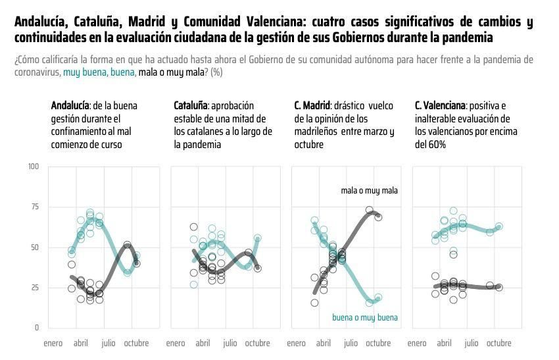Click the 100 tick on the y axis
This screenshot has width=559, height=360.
pyautogui.click(x=33, y=167)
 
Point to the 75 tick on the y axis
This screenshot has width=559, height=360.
pyautogui.click(x=34, y=207)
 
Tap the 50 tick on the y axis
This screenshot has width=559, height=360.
pyautogui.click(x=34, y=247)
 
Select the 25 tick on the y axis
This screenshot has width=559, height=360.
pyautogui.click(x=34, y=288)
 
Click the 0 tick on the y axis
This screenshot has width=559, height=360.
pyautogui.click(x=36, y=328)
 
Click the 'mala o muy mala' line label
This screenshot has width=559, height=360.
pyautogui.click(x=369, y=191)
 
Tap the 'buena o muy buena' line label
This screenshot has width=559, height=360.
pyautogui.click(x=364, y=318)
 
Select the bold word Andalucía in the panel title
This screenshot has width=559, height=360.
pyautogui.click(x=70, y=105)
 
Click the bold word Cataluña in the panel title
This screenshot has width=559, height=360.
pyautogui.click(x=191, y=105)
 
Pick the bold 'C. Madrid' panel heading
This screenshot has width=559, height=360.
pyautogui.click(x=312, y=105)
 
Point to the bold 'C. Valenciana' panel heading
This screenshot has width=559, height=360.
pyautogui.click(x=440, y=105)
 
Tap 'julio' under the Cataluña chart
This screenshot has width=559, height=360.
pyautogui.click(x=230, y=343)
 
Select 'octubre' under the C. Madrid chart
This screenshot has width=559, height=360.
pyautogui.click(x=378, y=343)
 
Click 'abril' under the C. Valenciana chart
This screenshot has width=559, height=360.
pyautogui.click(x=444, y=343)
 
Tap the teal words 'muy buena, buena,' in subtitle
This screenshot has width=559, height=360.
pyautogui.click(x=99, y=72)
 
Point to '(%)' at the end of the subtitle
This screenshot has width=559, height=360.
pyautogui.click(x=216, y=72)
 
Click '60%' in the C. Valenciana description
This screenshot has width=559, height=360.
pyautogui.click(x=438, y=145)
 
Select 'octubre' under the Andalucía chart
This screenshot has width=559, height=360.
pyautogui.click(x=136, y=343)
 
